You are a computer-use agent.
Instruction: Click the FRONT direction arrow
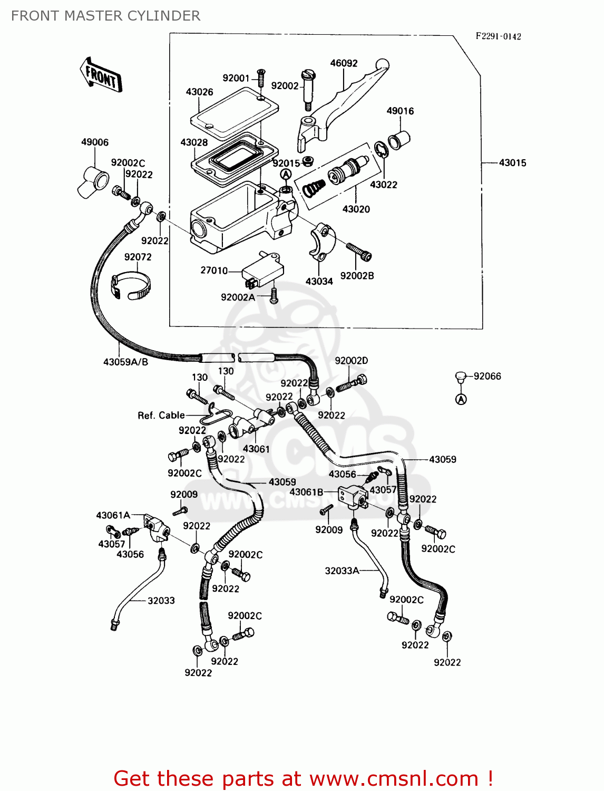click(x=101, y=76)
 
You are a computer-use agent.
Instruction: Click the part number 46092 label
click(x=344, y=63)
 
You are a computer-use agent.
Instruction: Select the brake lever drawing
click(x=343, y=100)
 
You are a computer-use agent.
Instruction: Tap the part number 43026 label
click(x=199, y=92)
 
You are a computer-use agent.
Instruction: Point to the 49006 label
click(x=95, y=142)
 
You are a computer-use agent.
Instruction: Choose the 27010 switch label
click(x=214, y=271)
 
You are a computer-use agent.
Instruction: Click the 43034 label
click(x=319, y=282)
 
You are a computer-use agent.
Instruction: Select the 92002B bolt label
click(x=357, y=276)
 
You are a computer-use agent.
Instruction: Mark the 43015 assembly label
click(x=512, y=163)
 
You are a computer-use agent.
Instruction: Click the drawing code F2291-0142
click(x=498, y=36)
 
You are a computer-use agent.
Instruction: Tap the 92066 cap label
click(x=487, y=377)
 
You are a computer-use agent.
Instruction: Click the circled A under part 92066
click(x=461, y=400)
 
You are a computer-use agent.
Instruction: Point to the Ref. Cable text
click(x=161, y=416)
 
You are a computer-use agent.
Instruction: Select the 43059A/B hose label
click(x=125, y=362)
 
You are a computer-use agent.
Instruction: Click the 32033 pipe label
click(x=161, y=601)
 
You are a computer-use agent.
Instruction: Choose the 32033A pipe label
click(x=342, y=571)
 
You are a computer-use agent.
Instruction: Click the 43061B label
click(x=306, y=492)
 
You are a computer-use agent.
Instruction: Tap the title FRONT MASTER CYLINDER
click(x=106, y=16)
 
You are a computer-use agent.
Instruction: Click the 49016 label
click(x=400, y=111)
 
